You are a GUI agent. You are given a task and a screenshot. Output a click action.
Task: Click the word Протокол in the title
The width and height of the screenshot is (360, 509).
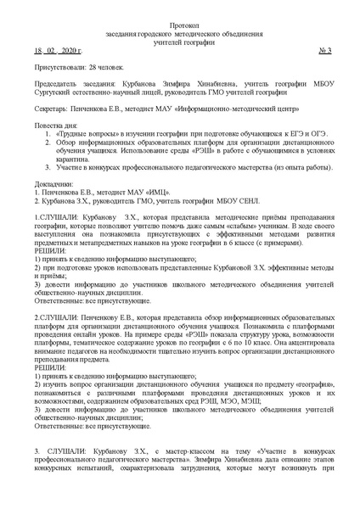(x=180, y=27)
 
